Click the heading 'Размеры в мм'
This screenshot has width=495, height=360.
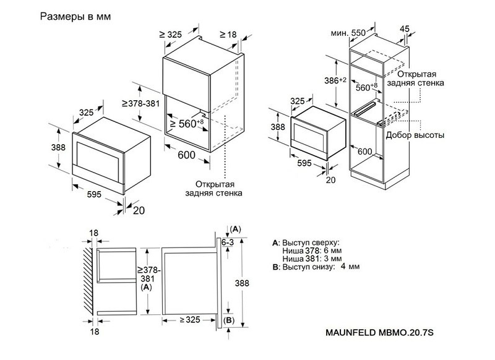[x=75, y=17]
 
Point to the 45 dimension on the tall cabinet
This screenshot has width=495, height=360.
[x=405, y=28]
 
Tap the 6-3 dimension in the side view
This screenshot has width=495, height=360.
[x=228, y=243]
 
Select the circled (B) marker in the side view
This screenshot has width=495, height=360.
[x=229, y=320]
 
